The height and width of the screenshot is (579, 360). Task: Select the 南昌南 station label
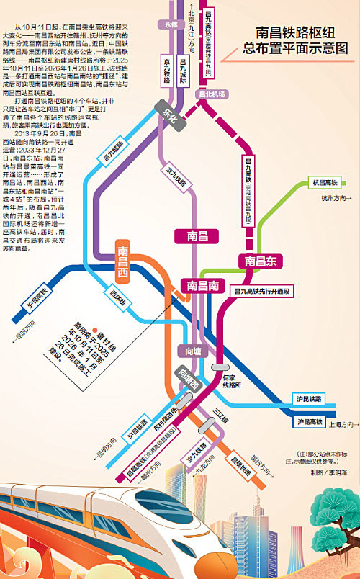(203, 285)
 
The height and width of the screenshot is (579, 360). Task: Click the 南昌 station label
(197, 235)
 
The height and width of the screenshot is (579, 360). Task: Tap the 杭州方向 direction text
(336, 197)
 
